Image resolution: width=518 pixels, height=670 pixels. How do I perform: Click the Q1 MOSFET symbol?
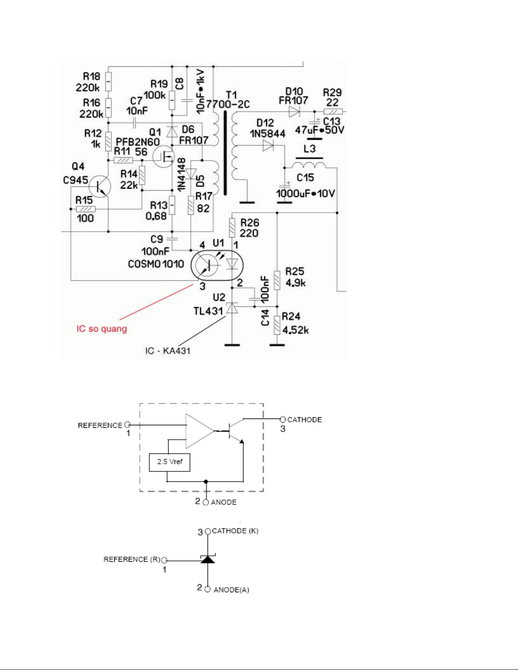click(164, 156)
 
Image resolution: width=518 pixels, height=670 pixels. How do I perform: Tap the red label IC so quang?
click(101, 328)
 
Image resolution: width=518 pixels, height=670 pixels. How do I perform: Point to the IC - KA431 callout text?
click(167, 351)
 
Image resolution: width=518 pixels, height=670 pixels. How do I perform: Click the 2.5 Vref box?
click(170, 462)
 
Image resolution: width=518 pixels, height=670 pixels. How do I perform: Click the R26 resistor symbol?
click(232, 228)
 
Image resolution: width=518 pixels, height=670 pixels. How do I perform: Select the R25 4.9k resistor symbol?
click(277, 280)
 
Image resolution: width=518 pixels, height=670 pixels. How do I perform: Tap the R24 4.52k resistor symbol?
click(277, 325)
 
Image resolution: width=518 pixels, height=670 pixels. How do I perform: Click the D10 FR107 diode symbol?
click(294, 112)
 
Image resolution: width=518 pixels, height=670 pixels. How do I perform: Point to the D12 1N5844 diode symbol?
click(268, 146)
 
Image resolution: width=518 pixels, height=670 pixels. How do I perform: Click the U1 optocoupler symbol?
click(217, 265)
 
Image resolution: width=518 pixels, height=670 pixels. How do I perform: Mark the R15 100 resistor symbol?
click(85, 209)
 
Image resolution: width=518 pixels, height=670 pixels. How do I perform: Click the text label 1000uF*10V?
click(305, 194)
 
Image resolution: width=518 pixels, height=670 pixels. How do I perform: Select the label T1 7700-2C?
click(228, 100)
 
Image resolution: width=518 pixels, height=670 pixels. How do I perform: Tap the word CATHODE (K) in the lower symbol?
click(235, 531)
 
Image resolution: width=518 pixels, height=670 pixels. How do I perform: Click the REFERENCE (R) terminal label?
click(132, 560)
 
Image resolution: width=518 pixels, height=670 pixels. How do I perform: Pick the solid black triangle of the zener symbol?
click(208, 560)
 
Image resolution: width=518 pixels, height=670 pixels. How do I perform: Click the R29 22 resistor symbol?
click(333, 112)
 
